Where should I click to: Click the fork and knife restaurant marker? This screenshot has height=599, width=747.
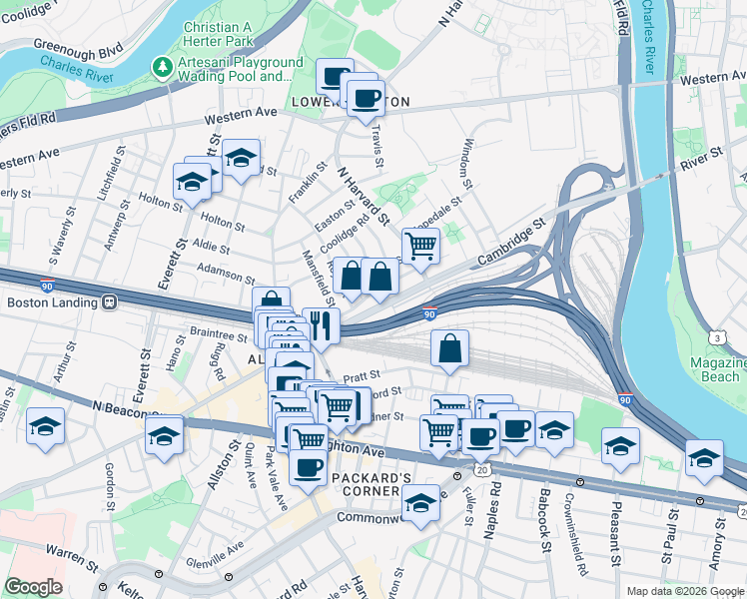pos(321,323)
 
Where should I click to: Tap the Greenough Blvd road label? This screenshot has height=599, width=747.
pos(77,46)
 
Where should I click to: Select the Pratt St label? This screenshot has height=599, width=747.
pos(357,377)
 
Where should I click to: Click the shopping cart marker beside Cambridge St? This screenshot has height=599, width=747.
pos(420,244)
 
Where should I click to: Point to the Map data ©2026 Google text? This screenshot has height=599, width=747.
pos(683,590)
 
